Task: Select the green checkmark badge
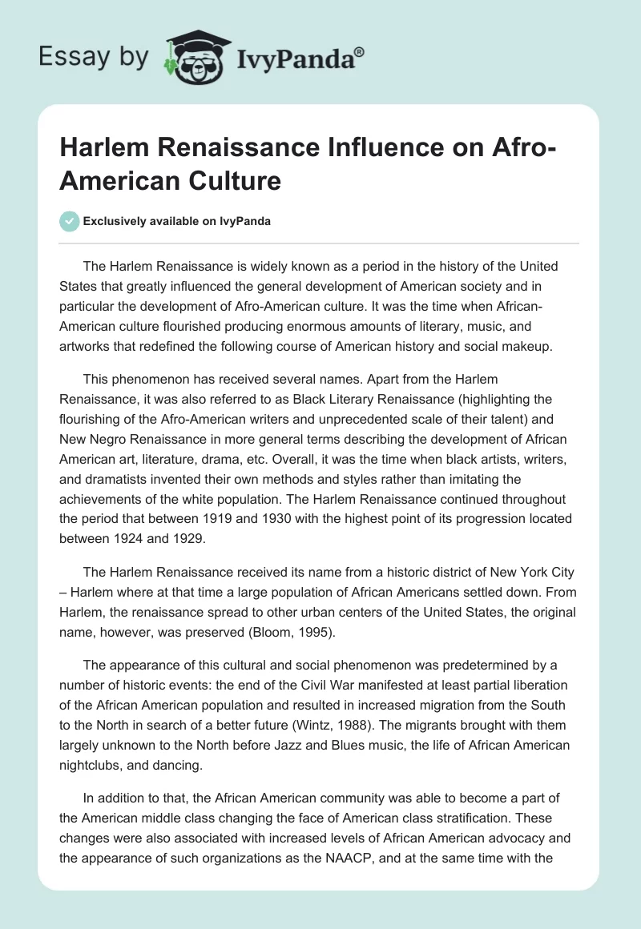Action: tap(71, 221)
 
